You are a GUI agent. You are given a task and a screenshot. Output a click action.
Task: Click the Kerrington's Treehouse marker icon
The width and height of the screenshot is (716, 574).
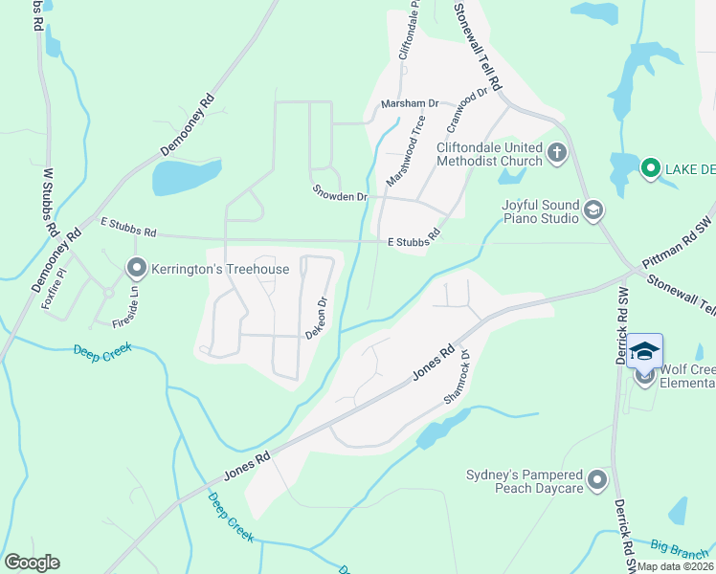tap(137, 268)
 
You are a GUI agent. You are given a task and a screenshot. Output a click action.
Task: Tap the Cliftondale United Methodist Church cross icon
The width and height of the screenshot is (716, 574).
tap(557, 152)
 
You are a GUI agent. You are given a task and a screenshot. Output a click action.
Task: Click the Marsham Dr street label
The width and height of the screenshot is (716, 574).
tap(409, 103)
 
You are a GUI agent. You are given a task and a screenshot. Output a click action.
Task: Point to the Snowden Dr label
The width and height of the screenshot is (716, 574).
tap(340, 191)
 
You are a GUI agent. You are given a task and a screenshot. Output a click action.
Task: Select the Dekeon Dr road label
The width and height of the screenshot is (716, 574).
tap(317, 318)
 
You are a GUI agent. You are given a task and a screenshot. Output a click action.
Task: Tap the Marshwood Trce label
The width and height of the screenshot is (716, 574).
tap(405, 150)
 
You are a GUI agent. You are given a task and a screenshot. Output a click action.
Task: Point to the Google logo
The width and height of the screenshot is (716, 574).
tap(32, 563)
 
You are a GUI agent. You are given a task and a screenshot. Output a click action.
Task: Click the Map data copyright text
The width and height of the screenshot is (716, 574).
tap(674, 566)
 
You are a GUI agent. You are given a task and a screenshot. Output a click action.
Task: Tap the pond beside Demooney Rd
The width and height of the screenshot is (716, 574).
tap(186, 177)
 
